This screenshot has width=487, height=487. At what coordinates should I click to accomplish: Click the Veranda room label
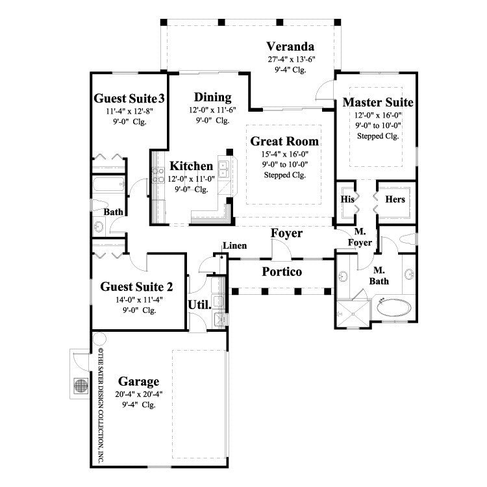click(290, 47)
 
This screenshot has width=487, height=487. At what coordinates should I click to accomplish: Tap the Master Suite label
click(378, 103)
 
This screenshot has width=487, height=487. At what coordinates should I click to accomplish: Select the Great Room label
click(284, 141)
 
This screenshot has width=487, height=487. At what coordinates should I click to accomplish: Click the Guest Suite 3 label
click(129, 99)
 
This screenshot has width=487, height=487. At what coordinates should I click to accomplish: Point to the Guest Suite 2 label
click(136, 287)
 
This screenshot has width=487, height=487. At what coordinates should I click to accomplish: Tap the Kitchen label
click(191, 166)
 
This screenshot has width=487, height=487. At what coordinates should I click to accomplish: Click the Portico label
click(282, 271)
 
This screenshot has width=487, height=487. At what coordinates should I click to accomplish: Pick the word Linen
click(233, 245)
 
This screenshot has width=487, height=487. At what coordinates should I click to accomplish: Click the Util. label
click(199, 305)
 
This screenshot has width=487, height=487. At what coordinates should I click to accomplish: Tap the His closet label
click(347, 199)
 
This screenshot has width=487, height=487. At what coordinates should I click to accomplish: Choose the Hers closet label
click(396, 199)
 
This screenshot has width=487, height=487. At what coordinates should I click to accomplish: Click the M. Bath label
click(381, 275)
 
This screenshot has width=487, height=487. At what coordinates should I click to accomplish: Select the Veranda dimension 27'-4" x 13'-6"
click(290, 59)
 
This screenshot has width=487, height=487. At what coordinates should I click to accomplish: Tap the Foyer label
click(286, 232)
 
